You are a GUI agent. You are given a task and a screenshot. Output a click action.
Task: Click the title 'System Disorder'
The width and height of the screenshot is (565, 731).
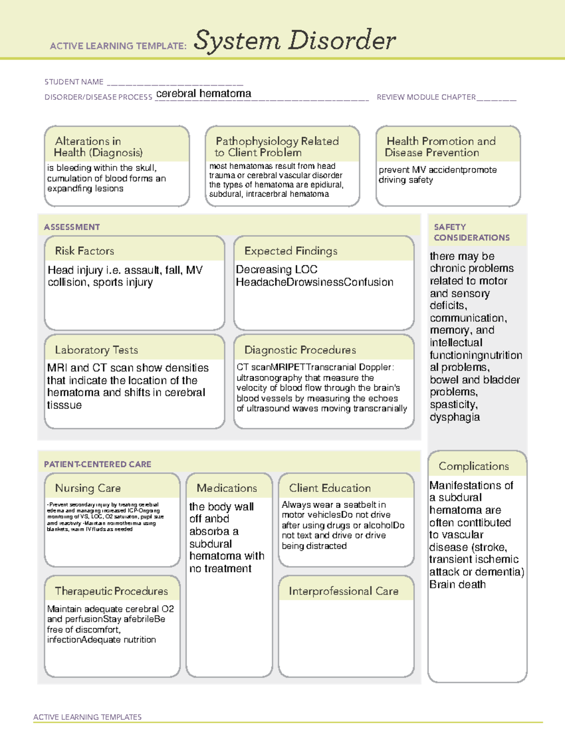pyautogui.click(x=295, y=40)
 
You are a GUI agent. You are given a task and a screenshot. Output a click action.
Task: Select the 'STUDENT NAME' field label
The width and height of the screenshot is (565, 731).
pyautogui.click(x=74, y=82)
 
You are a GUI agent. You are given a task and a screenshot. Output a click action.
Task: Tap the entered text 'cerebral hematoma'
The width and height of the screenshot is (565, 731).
pyautogui.click(x=203, y=94)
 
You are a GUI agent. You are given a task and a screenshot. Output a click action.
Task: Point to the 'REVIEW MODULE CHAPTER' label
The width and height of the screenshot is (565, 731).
pyautogui.click(x=426, y=97)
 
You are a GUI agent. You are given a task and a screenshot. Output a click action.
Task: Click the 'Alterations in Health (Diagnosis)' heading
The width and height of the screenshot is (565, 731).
pyautogui.click(x=98, y=147)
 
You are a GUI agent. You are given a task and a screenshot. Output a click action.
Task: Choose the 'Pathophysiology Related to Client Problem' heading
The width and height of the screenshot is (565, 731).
pyautogui.click(x=277, y=147)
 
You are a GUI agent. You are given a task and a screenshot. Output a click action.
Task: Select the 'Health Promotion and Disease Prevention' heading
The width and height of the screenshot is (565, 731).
pyautogui.click(x=441, y=147)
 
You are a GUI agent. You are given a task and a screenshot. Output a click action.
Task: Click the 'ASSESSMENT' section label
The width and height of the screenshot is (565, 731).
pyautogui.click(x=72, y=227)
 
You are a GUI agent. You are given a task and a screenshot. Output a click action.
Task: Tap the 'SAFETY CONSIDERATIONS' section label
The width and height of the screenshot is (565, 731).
pyautogui.click(x=471, y=233)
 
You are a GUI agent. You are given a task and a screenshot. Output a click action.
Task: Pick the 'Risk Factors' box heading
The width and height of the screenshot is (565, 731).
pyautogui.click(x=85, y=251)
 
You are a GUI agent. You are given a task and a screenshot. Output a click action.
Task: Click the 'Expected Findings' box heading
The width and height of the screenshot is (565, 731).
pyautogui.click(x=291, y=251)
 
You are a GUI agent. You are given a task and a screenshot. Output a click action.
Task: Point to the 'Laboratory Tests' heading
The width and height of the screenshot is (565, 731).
pyautogui.click(x=97, y=350)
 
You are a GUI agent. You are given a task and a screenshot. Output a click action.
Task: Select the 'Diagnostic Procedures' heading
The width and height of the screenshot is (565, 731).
pyautogui.click(x=300, y=350)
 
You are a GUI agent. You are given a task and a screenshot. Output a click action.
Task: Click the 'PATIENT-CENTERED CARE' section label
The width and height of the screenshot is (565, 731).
pyautogui.click(x=97, y=464)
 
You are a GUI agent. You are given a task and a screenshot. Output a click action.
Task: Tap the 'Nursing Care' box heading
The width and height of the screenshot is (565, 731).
pyautogui.click(x=88, y=488)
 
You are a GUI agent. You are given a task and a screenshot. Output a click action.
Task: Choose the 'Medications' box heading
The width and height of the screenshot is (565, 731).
pyautogui.click(x=227, y=488)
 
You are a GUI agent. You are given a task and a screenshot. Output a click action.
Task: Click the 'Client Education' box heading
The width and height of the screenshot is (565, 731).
pyautogui.click(x=330, y=488)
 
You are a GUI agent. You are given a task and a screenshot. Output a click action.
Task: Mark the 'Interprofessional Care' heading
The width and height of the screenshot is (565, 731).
pyautogui.click(x=343, y=591)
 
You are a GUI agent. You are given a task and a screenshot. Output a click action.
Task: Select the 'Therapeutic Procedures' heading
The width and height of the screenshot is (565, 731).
pyautogui.click(x=111, y=591)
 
